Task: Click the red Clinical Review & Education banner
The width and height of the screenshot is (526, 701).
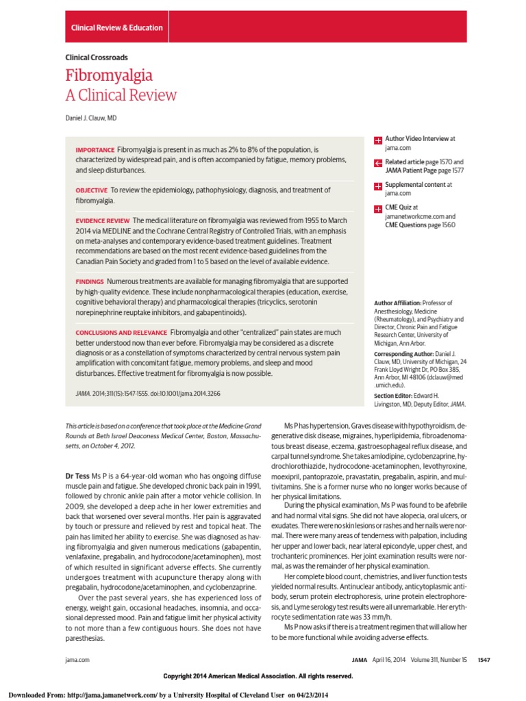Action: tap(117, 27)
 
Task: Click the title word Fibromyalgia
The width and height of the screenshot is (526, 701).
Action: tap(109, 75)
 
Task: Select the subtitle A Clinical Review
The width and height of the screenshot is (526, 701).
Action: tap(121, 95)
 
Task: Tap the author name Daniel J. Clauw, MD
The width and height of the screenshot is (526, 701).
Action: tap(91, 118)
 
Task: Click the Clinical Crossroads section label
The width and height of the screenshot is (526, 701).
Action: tap(97, 58)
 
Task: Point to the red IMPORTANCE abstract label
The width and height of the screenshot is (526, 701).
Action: tap(95, 149)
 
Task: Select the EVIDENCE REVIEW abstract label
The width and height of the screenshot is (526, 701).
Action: tap(102, 220)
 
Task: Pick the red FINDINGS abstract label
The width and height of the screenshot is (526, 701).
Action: tap(90, 281)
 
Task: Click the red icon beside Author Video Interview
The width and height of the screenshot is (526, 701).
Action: tap(378, 140)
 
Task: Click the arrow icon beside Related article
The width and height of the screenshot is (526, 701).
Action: tap(378, 163)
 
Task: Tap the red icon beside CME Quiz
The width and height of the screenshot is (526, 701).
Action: tap(378, 209)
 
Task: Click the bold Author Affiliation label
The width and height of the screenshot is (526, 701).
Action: tap(399, 303)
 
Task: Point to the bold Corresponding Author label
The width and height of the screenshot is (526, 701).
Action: tap(404, 353)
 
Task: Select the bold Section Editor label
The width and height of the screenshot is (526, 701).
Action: tap(394, 396)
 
